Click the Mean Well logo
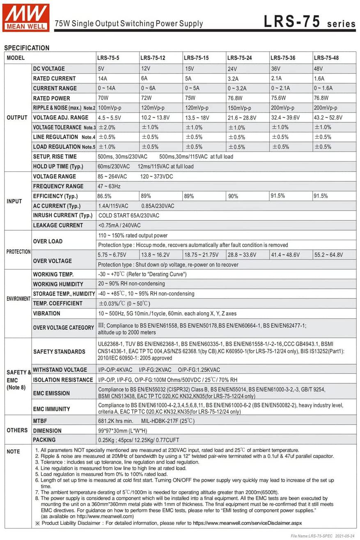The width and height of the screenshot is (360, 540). pyautogui.click(x=26, y=18)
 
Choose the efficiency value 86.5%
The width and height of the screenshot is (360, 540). pyautogui.click(x=105, y=196)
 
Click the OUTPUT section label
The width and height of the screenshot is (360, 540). pyautogui.click(x=17, y=117)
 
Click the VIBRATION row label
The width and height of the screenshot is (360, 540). pyautogui.click(x=46, y=313)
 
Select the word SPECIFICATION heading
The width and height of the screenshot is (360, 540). pyautogui.click(x=27, y=48)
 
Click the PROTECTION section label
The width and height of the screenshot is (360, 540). pyautogui.click(x=18, y=252)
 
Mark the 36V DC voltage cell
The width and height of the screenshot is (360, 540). pyautogui.click(x=276, y=69)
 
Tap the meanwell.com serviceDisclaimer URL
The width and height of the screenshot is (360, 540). pyautogui.click(x=248, y=523)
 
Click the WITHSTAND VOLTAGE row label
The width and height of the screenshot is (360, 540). pyautogui.click(x=60, y=370)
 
